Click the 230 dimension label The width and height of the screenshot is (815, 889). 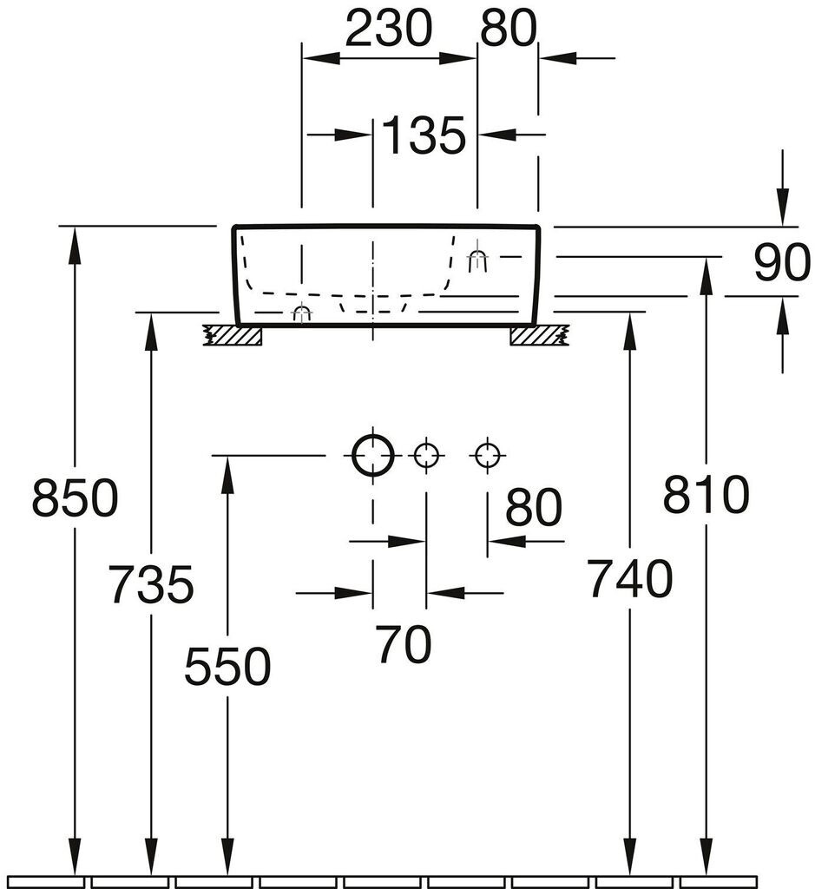click(388, 30)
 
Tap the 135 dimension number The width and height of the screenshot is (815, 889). click(424, 135)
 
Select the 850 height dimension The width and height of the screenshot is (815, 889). click(75, 498)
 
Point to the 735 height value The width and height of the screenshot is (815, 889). click(150, 583)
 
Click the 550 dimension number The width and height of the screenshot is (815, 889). click(227, 668)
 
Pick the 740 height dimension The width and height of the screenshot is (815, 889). click(629, 579)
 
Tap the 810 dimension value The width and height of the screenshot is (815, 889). click(706, 496)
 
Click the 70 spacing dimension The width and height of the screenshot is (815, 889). click(404, 644)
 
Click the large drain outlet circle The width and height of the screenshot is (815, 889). click(373, 455)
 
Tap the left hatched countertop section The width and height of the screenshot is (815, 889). click(232, 335)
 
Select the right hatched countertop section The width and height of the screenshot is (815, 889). click(539, 335)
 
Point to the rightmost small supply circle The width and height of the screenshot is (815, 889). click(488, 454)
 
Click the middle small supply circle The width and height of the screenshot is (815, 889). click(425, 454)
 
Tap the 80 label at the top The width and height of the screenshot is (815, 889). click(509, 30)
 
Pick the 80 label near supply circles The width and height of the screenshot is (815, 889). click(533, 509)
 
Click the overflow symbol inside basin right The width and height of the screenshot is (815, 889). click(477, 258)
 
